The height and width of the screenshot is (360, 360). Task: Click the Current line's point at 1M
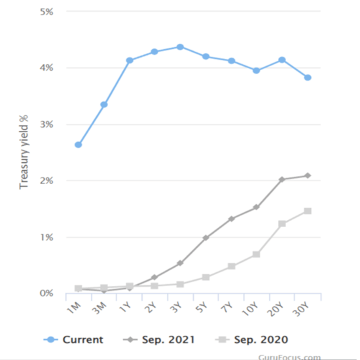click(x=79, y=145)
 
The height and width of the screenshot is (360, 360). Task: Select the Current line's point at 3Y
click(x=180, y=47)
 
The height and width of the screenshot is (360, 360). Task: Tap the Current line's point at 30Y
click(x=308, y=78)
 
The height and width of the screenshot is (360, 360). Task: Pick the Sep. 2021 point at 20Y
click(x=282, y=179)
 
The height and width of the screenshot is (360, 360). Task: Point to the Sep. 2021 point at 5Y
click(x=206, y=238)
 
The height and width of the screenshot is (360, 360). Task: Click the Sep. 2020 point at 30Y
click(x=308, y=211)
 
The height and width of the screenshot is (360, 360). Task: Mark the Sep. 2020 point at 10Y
click(x=257, y=254)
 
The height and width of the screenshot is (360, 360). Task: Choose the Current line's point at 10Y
click(x=257, y=70)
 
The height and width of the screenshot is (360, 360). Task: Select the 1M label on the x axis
click(x=74, y=310)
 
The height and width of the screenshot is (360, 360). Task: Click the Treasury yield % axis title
click(x=24, y=152)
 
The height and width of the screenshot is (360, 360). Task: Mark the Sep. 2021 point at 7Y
click(x=231, y=219)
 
